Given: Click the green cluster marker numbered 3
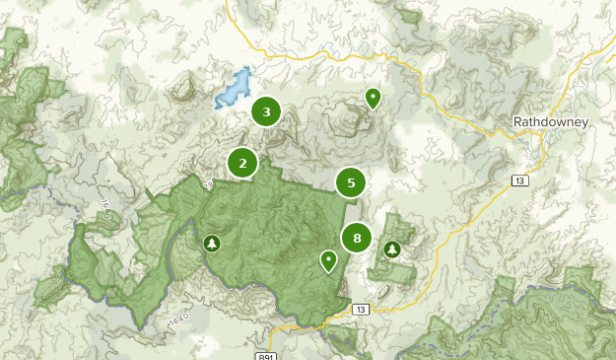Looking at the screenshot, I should tap(266, 111).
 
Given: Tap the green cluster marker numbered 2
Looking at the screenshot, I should tap(242, 163).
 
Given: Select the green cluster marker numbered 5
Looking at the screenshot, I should tap(350, 182).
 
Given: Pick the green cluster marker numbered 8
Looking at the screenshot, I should tap(357, 238).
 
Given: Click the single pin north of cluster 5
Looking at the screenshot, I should tap(373, 99).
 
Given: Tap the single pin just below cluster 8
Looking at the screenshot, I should tap(328, 260).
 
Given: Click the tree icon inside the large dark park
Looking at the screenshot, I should tap(211, 243).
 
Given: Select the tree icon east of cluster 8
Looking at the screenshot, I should tap(392, 249).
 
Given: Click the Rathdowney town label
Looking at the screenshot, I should tap(550, 122).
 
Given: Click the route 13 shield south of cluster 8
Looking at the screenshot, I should tap(361, 310).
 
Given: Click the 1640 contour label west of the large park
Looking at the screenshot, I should tap(103, 210).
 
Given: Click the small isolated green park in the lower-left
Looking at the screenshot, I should tap(49, 291).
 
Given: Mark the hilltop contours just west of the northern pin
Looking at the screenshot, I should tap(345, 118).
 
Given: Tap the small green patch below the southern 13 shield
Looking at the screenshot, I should tap(344, 338).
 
